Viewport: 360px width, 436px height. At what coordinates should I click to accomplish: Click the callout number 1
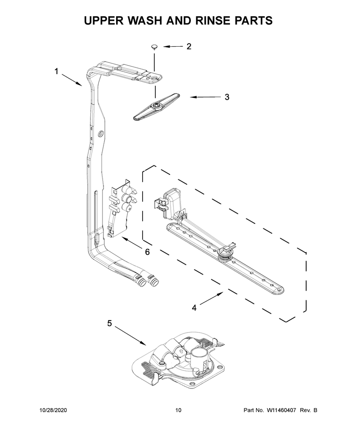click(x=57, y=71)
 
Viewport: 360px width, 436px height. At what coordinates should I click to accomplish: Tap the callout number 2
click(x=189, y=46)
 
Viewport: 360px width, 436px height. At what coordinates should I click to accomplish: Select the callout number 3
click(x=227, y=97)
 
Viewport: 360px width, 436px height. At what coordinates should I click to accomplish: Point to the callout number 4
click(x=194, y=308)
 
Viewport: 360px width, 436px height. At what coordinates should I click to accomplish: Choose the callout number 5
click(x=110, y=323)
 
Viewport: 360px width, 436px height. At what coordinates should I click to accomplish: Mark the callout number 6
click(x=147, y=252)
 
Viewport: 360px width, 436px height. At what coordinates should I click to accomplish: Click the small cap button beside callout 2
click(x=154, y=46)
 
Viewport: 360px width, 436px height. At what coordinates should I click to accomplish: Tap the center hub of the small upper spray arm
click(x=155, y=105)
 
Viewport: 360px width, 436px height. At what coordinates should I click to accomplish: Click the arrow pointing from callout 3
click(x=206, y=97)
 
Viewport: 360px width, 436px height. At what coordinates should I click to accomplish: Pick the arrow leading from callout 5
click(x=130, y=336)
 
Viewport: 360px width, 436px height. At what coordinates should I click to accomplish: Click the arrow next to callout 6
click(x=133, y=243)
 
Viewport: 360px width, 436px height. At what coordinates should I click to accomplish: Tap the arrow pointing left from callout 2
click(x=173, y=46)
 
